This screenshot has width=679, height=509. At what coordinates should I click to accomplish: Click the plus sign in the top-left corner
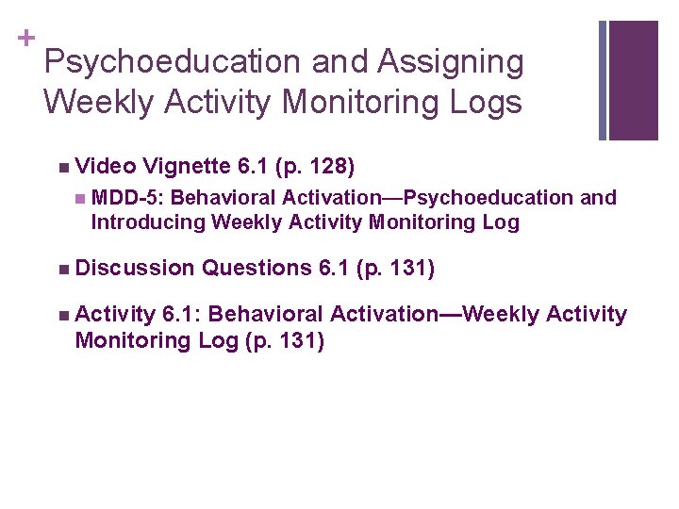[x=25, y=38]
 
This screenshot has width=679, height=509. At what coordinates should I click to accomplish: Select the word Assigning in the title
[x=450, y=62]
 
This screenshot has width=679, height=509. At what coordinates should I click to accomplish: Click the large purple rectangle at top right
[x=633, y=80]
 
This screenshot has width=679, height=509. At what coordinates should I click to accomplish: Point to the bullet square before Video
[x=61, y=168]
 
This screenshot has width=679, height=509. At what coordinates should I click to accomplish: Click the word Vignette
[x=187, y=167]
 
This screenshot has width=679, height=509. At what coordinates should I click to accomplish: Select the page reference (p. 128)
[x=315, y=167]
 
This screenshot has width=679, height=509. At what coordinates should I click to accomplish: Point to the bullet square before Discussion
[x=61, y=270]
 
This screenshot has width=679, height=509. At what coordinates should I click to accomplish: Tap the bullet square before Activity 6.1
[x=61, y=315]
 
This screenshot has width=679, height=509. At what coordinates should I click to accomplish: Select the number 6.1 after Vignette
[x=254, y=167]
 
